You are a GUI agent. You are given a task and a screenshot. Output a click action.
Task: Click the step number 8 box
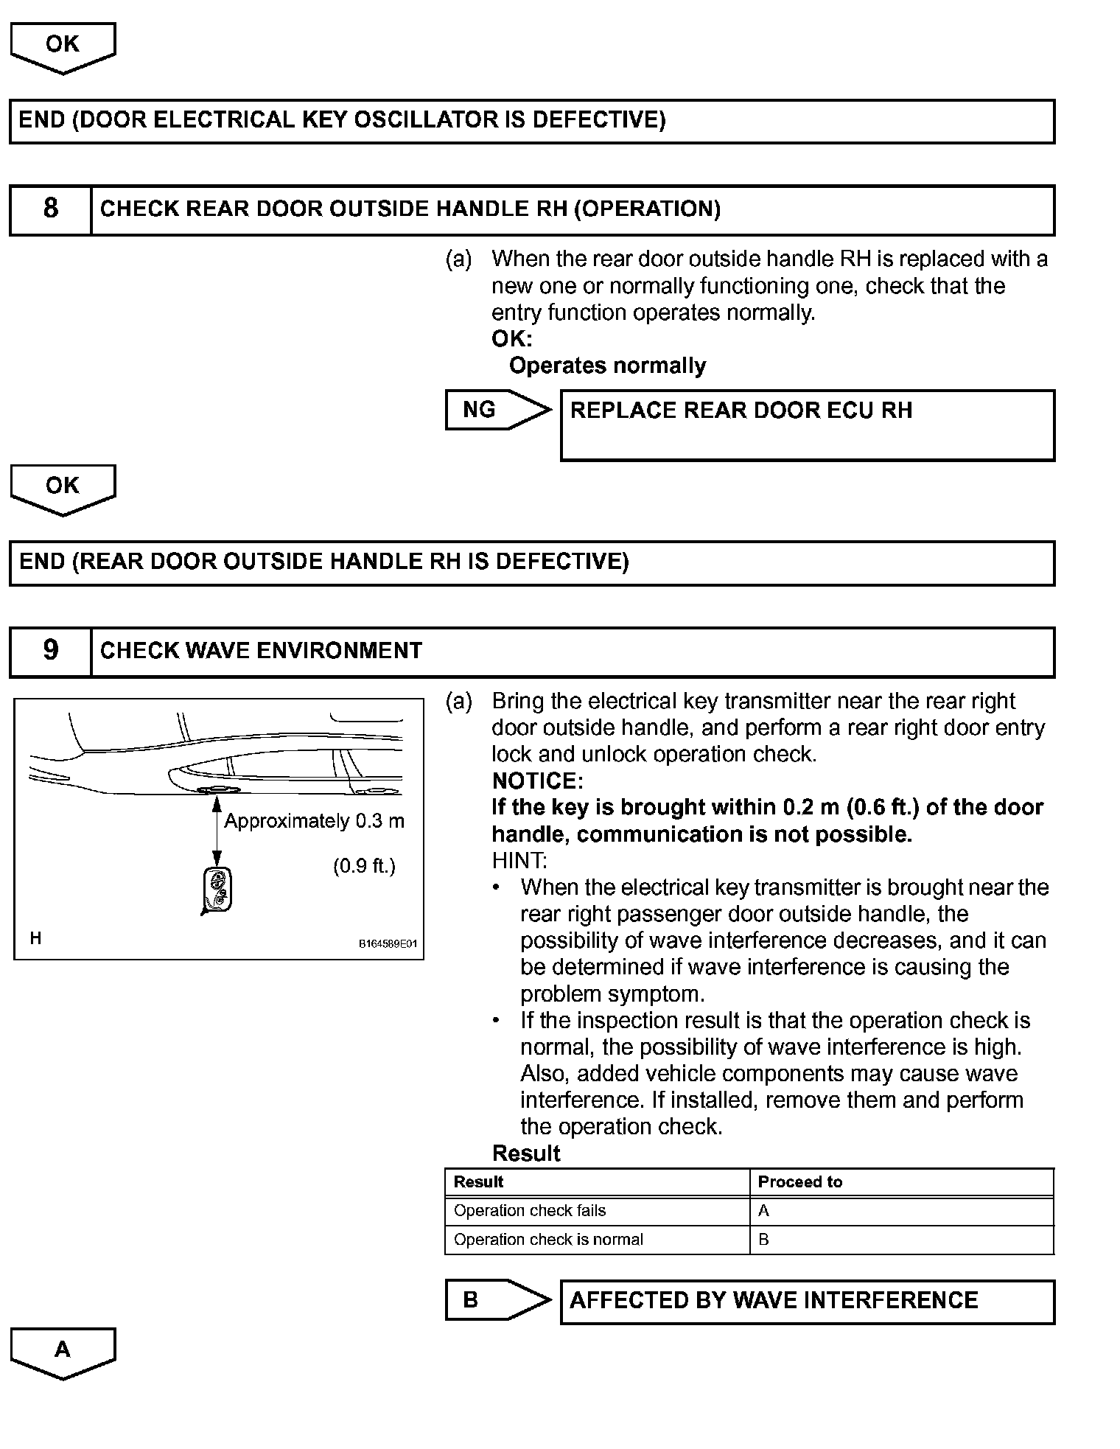tap(50, 209)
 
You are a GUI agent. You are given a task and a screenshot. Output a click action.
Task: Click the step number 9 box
tap(50, 651)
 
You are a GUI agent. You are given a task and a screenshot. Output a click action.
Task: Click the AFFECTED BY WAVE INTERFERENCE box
tap(807, 1301)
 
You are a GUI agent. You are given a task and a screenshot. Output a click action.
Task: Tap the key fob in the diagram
tap(217, 890)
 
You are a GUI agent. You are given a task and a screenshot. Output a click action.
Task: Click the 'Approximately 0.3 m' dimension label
tap(314, 821)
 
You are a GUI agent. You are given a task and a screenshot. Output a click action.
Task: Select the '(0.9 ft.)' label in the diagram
tap(364, 865)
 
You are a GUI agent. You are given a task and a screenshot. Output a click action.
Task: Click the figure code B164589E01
tap(388, 944)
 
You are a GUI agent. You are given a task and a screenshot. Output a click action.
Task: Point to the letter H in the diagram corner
tap(35, 938)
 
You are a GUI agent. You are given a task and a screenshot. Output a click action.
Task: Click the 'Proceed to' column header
tap(799, 1182)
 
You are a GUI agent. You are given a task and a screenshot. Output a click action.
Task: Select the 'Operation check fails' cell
tap(530, 1211)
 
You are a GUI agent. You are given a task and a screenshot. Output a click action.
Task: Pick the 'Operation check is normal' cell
tap(548, 1240)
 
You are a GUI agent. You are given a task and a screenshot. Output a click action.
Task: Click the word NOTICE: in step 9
tap(537, 781)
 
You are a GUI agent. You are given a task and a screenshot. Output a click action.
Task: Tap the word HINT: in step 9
tap(519, 860)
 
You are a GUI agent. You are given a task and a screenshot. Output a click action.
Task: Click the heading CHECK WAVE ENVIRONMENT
tap(261, 651)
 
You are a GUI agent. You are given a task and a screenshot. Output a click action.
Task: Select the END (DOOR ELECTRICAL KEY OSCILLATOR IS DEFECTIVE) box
tap(531, 121)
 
